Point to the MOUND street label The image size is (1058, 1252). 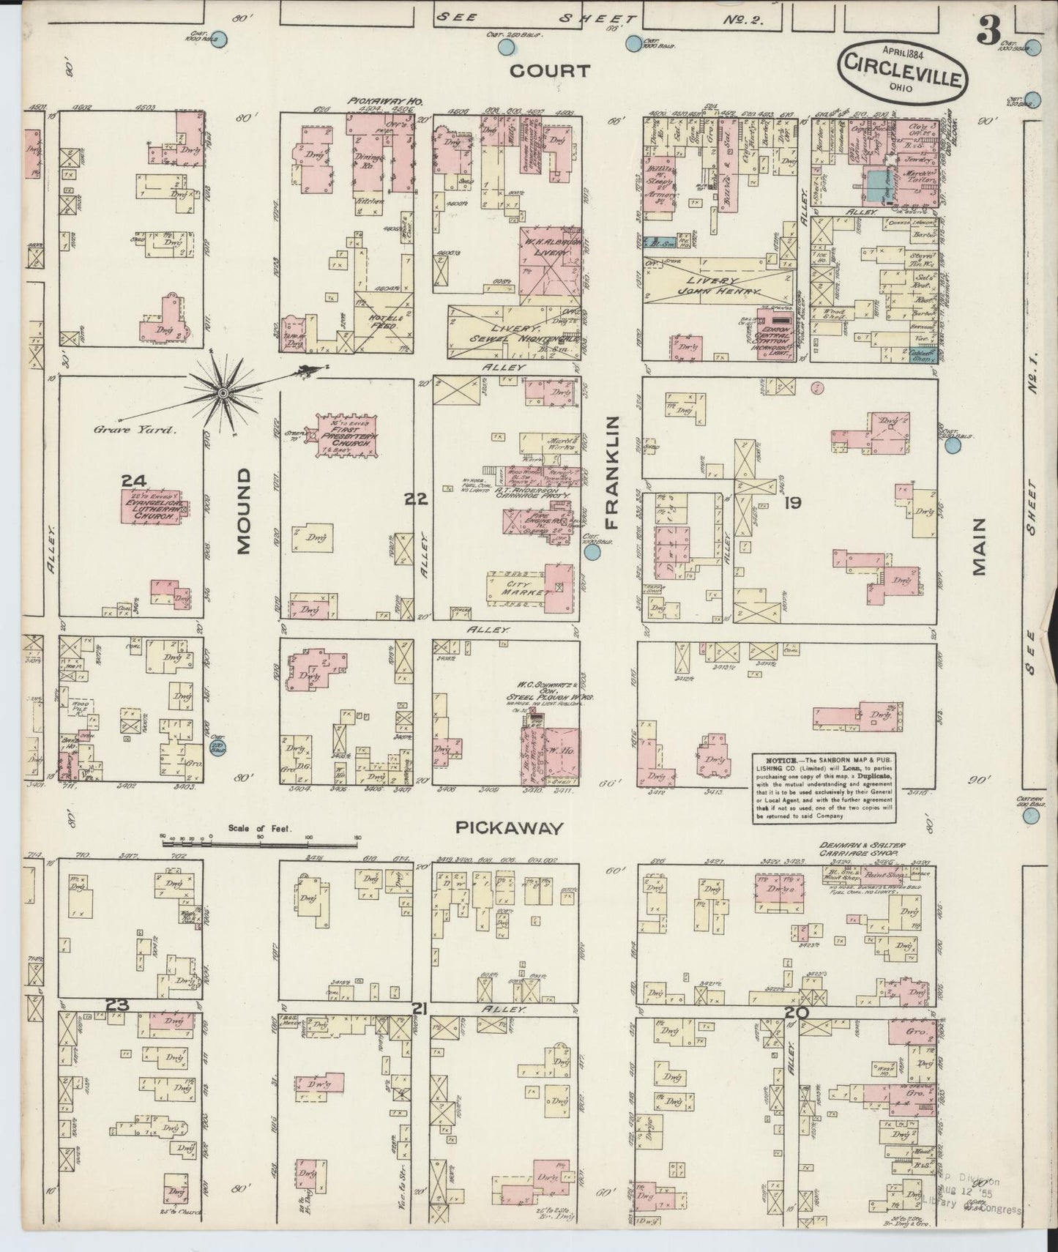[x=243, y=511]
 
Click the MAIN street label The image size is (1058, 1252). [x=980, y=548]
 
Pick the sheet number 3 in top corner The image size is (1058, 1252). [x=989, y=31]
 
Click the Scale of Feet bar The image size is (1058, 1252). [x=260, y=836]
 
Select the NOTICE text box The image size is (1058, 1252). [x=824, y=787]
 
